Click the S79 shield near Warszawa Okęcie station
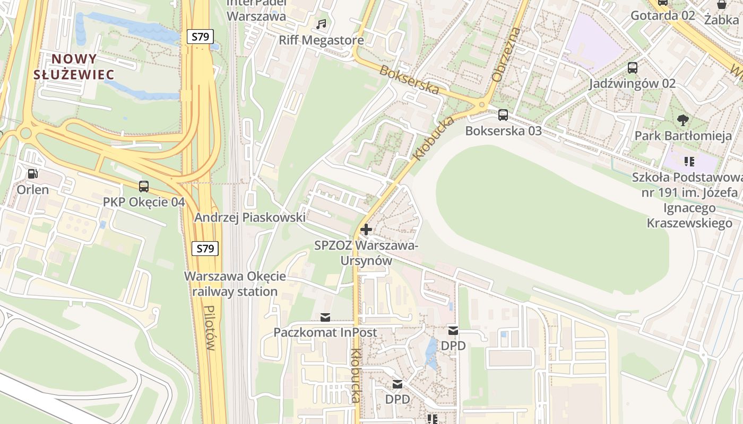click(x=205, y=248)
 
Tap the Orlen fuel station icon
click(x=32, y=174)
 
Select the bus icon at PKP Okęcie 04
click(x=144, y=187)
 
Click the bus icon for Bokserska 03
click(x=503, y=114)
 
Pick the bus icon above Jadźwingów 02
click(x=632, y=68)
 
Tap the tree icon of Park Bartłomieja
click(x=683, y=120)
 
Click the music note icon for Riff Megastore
click(x=321, y=24)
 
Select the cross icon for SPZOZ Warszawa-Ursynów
click(x=366, y=229)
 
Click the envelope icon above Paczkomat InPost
click(x=325, y=317)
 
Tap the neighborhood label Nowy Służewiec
click(x=74, y=67)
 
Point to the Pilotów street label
click(x=210, y=329)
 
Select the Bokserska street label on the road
click(x=409, y=80)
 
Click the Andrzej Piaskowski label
click(x=249, y=217)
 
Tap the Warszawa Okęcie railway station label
click(x=235, y=284)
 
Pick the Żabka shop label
click(x=721, y=20)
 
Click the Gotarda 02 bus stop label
click(x=662, y=15)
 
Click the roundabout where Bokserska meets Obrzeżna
click(x=482, y=104)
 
